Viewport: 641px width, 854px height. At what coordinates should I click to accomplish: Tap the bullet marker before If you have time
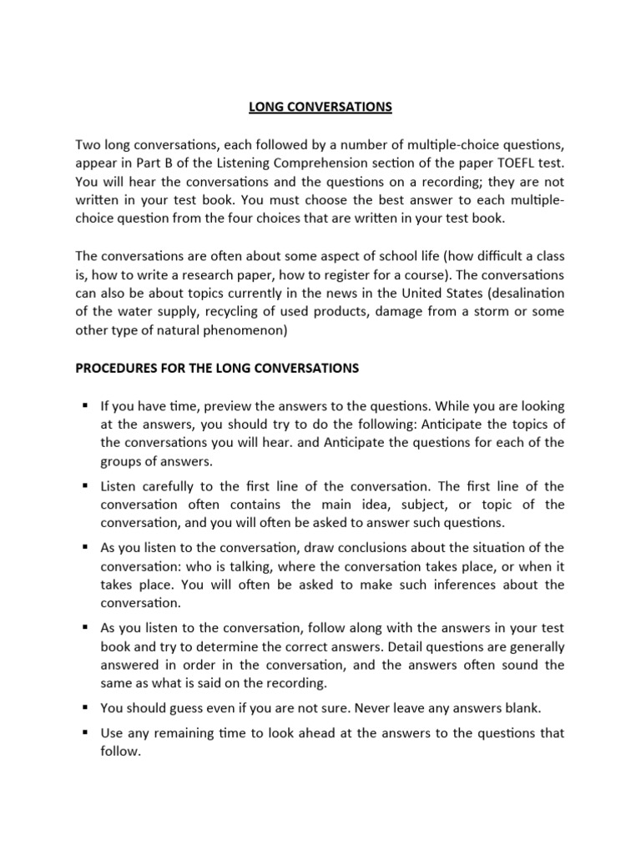click(84, 405)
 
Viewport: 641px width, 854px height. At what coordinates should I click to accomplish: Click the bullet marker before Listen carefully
click(84, 485)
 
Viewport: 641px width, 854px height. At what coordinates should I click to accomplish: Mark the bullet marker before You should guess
click(84, 707)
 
